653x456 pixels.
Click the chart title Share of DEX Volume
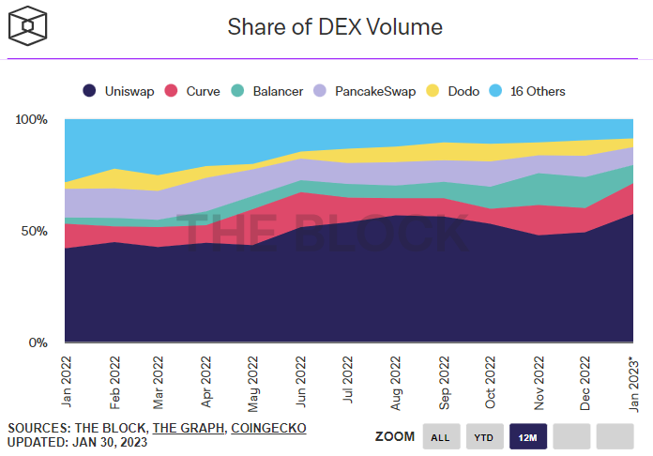335,27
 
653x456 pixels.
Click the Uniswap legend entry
120,91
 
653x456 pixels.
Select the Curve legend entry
195,91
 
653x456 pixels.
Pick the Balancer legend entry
267,91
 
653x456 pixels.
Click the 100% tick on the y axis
31,120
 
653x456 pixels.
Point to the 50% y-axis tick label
34,231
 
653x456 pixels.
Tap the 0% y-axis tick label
38,342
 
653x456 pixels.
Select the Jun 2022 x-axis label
300,379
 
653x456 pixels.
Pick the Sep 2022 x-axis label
443,379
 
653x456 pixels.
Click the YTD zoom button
484,436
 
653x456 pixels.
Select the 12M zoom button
528,436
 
